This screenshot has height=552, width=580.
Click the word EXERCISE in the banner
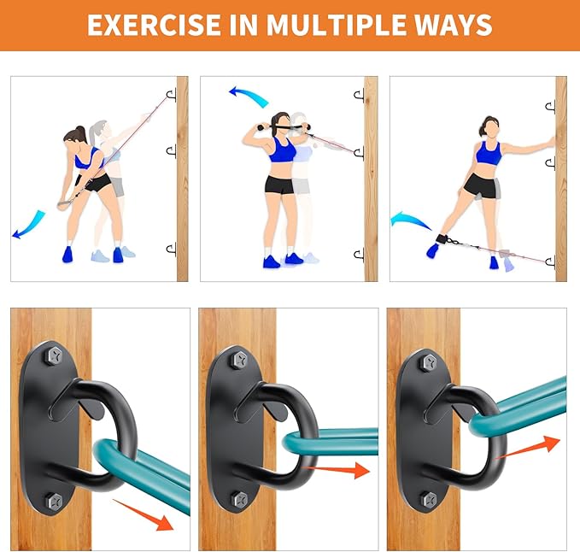pyautogui.click(x=154, y=25)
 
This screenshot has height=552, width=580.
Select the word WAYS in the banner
pyautogui.click(x=453, y=25)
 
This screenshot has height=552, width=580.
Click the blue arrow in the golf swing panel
pyautogui.click(x=28, y=224)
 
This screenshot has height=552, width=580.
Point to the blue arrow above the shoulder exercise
pyautogui.click(x=249, y=96)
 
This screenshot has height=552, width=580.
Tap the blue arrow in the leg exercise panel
pyautogui.click(x=410, y=220)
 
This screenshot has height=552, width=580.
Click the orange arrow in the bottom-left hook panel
pyautogui.click(x=143, y=514)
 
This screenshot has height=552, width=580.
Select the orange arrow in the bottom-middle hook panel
pyautogui.click(x=336, y=470)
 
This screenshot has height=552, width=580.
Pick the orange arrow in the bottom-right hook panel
pyautogui.click(x=527, y=447)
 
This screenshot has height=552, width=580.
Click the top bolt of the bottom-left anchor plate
pyautogui.click(x=55, y=356)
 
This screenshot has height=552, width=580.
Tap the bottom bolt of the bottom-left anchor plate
pyautogui.click(x=55, y=502)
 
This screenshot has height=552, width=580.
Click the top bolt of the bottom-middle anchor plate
pyautogui.click(x=240, y=359)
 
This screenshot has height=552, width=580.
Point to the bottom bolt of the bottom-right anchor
pyautogui.click(x=430, y=500)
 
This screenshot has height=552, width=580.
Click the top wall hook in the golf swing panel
pyautogui.click(x=171, y=96)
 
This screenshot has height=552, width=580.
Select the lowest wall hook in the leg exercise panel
pyautogui.click(x=550, y=262)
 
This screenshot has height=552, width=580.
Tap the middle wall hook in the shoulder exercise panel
pyautogui.click(x=359, y=153)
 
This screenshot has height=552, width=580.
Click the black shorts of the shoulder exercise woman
pyautogui.click(x=279, y=185)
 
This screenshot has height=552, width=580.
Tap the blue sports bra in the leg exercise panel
pyautogui.click(x=489, y=153)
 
